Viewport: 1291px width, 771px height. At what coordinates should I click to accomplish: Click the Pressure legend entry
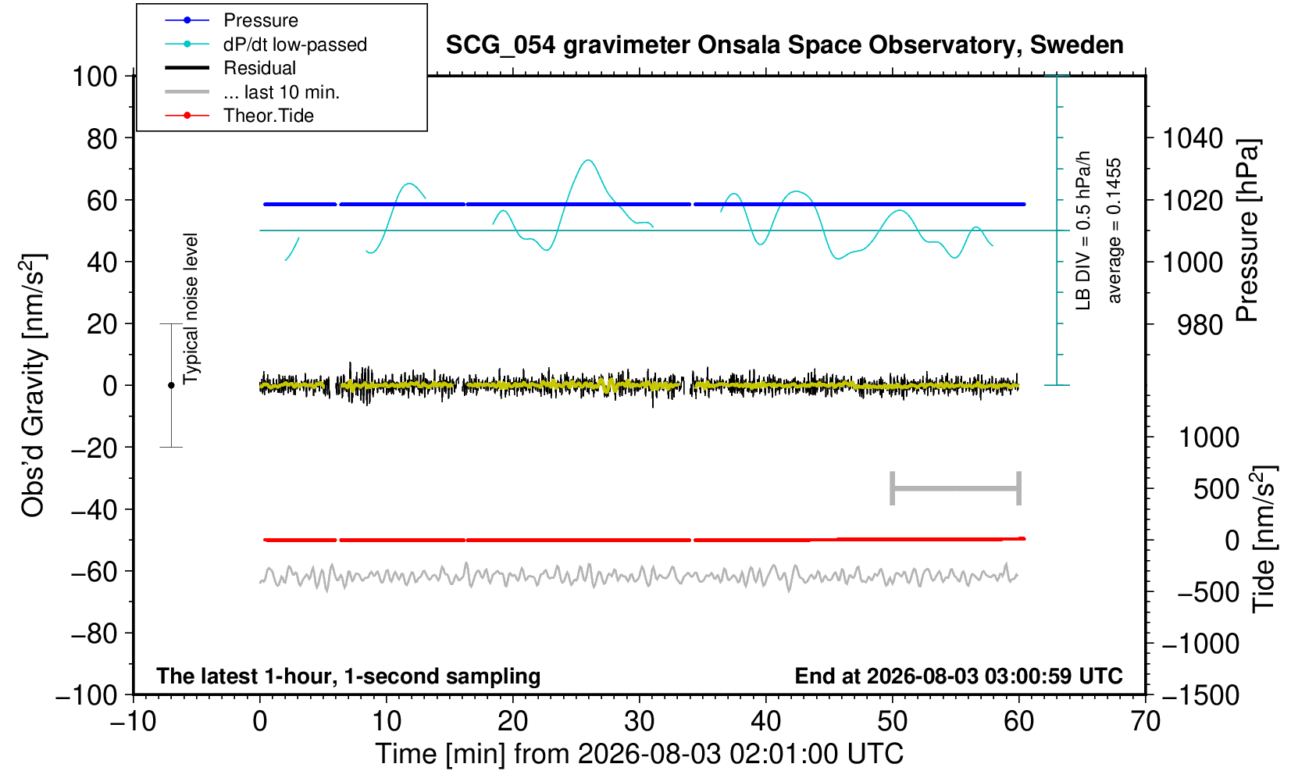[261, 20]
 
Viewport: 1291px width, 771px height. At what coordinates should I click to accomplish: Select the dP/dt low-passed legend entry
[295, 45]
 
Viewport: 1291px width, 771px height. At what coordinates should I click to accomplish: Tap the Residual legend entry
[259, 68]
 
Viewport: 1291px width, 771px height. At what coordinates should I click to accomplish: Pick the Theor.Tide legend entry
[269, 116]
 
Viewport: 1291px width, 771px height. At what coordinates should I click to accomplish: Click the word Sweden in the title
[1076, 45]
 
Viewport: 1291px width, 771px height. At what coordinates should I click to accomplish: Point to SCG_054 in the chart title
[501, 45]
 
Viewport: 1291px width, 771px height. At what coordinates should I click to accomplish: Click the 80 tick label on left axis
[102, 138]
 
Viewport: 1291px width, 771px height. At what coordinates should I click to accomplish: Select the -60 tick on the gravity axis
[94, 572]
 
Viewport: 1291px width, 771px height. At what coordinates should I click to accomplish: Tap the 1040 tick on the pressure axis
[1193, 138]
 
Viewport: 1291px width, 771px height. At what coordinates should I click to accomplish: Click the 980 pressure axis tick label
[1200, 325]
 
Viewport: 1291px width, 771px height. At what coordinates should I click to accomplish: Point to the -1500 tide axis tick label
[1200, 695]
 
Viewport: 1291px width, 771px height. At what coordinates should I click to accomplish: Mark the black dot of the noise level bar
[171, 385]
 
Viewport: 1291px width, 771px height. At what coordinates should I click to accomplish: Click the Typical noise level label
[191, 309]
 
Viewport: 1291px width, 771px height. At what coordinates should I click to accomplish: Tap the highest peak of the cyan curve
[588, 159]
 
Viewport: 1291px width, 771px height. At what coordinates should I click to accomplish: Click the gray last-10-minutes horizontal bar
[956, 488]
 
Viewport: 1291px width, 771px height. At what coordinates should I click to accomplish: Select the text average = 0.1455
[1114, 230]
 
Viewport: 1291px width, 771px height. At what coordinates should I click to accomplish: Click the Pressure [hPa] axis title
[1248, 230]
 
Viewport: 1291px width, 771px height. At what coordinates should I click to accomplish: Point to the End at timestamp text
[958, 676]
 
